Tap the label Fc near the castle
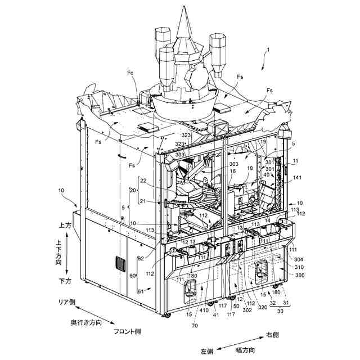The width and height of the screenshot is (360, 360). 130,73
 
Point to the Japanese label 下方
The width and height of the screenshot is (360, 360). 65,280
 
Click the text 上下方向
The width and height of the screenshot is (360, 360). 58,252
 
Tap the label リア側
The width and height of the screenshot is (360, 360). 66,302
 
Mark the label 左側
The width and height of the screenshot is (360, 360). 206,352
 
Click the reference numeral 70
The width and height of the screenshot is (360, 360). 194,325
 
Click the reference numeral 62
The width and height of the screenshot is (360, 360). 140,259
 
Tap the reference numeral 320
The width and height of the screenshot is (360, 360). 263,308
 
